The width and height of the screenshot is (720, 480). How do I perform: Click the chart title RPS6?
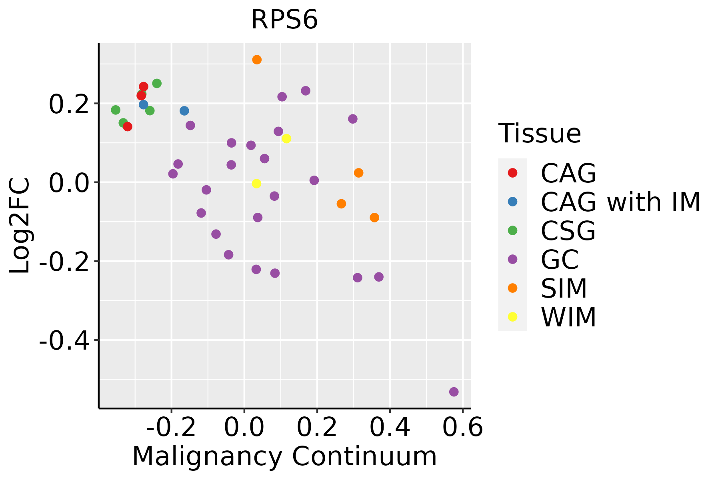[284, 20]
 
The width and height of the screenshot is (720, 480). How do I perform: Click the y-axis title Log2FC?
[20, 226]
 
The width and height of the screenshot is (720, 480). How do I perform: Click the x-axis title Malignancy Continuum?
[284, 456]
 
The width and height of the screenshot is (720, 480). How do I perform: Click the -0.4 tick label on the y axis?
[64, 340]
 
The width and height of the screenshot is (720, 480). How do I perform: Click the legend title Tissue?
[540, 134]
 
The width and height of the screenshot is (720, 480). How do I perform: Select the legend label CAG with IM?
[620, 202]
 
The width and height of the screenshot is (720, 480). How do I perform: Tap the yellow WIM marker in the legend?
[512, 317]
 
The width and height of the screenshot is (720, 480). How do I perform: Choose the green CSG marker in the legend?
[512, 230]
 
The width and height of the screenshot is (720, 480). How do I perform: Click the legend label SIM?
[564, 288]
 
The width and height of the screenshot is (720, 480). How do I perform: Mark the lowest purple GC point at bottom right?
[454, 392]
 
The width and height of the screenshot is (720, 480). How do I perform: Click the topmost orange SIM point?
[257, 60]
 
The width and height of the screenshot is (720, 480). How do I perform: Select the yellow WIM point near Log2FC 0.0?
[256, 184]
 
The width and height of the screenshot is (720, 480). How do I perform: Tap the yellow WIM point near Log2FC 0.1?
[286, 139]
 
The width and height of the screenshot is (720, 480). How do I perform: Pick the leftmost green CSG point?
[116, 110]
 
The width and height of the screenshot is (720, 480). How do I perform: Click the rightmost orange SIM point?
[374, 218]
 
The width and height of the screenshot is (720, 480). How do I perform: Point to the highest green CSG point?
[157, 83]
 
